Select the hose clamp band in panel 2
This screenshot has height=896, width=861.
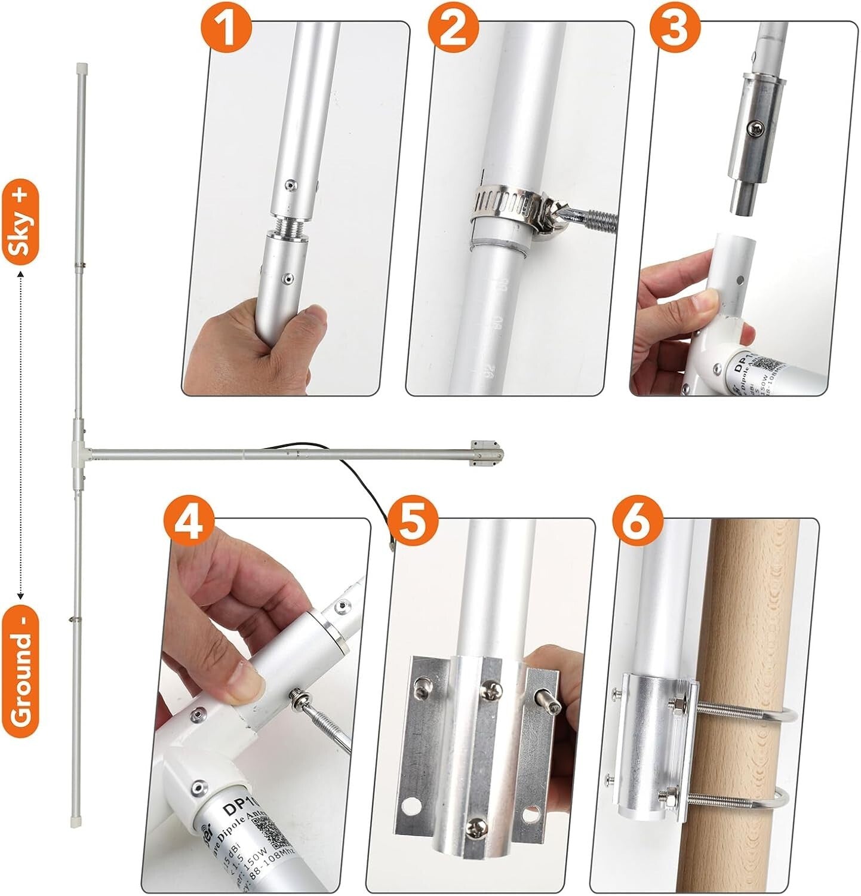[x=502, y=206]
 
